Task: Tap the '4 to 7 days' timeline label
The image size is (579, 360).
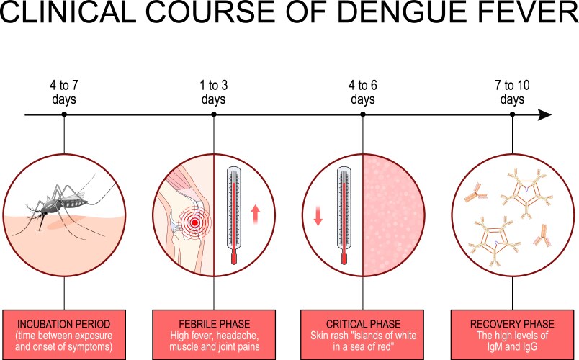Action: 64,92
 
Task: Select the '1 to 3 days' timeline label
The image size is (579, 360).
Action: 213,92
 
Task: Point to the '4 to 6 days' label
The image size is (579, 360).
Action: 362,92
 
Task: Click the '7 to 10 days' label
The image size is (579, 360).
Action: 512,92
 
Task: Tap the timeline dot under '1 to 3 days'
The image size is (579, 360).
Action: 213,114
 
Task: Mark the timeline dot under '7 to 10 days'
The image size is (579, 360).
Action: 512,114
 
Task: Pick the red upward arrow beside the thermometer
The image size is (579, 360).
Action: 254,213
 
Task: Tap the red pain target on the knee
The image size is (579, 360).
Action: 192,224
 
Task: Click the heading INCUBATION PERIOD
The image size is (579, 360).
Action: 64,323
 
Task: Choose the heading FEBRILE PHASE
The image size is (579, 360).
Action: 213,323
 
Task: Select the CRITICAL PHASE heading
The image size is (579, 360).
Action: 362,323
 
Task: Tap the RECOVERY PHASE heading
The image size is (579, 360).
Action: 512,323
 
